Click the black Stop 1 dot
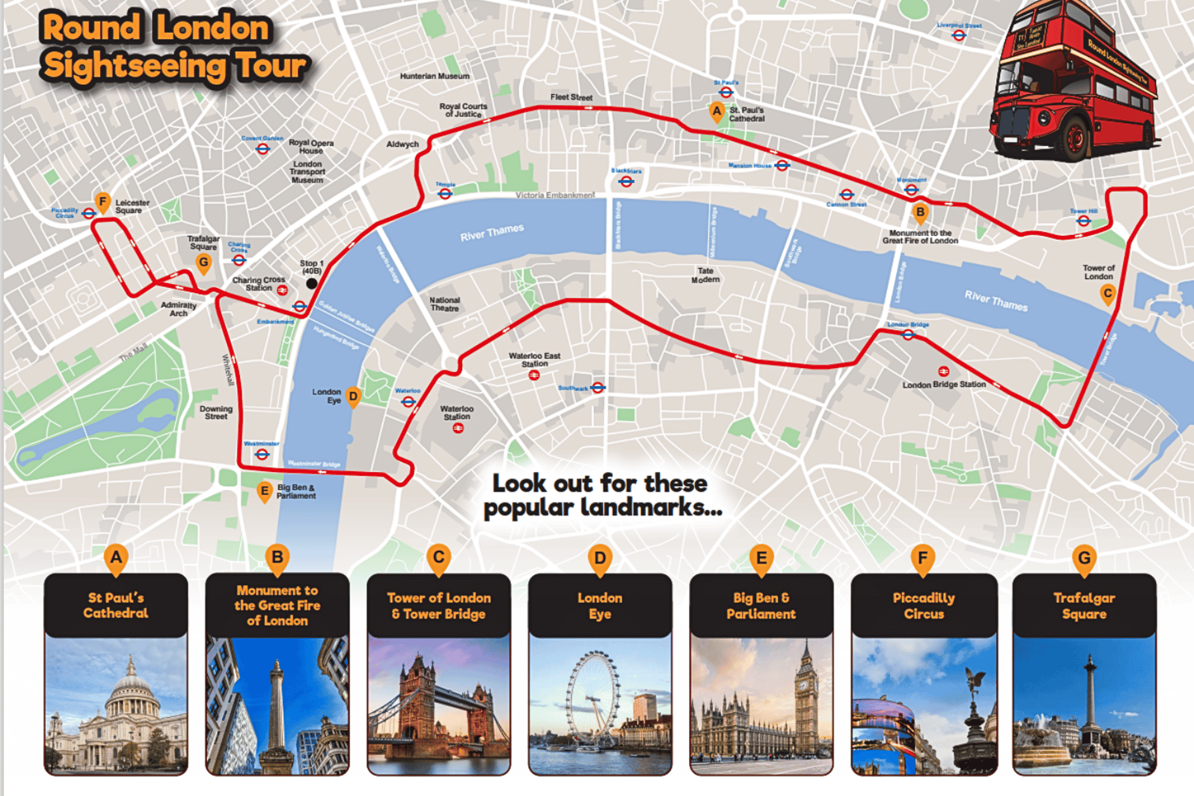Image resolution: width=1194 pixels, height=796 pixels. pos(312,284)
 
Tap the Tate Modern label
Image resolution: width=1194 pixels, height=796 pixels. pos(705,275)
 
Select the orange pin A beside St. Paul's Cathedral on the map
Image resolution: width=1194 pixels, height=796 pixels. pos(716,112)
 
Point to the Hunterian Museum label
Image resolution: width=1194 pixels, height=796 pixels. pos(435,76)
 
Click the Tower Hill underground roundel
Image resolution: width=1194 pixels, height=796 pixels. pos(1083,220)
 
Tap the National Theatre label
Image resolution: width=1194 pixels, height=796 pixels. pos(445,304)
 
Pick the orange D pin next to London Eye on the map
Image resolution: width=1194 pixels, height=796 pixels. pos(353,397)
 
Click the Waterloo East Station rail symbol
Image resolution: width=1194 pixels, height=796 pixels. pos(534,375)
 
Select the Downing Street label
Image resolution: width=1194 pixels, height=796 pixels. pos(216,413)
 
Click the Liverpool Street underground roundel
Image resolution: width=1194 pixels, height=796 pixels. pos(959,35)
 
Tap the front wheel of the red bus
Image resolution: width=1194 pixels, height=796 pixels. pos(1074,136)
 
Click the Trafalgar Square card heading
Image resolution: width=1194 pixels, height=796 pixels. pos(1084,606)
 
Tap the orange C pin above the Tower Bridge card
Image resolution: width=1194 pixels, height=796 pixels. pos(438,558)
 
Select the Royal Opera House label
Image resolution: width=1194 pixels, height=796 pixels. pos(311,147)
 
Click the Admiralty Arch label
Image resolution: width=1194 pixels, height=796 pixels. pos(178,309)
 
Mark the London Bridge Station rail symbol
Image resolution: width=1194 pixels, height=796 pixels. pos(943,372)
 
